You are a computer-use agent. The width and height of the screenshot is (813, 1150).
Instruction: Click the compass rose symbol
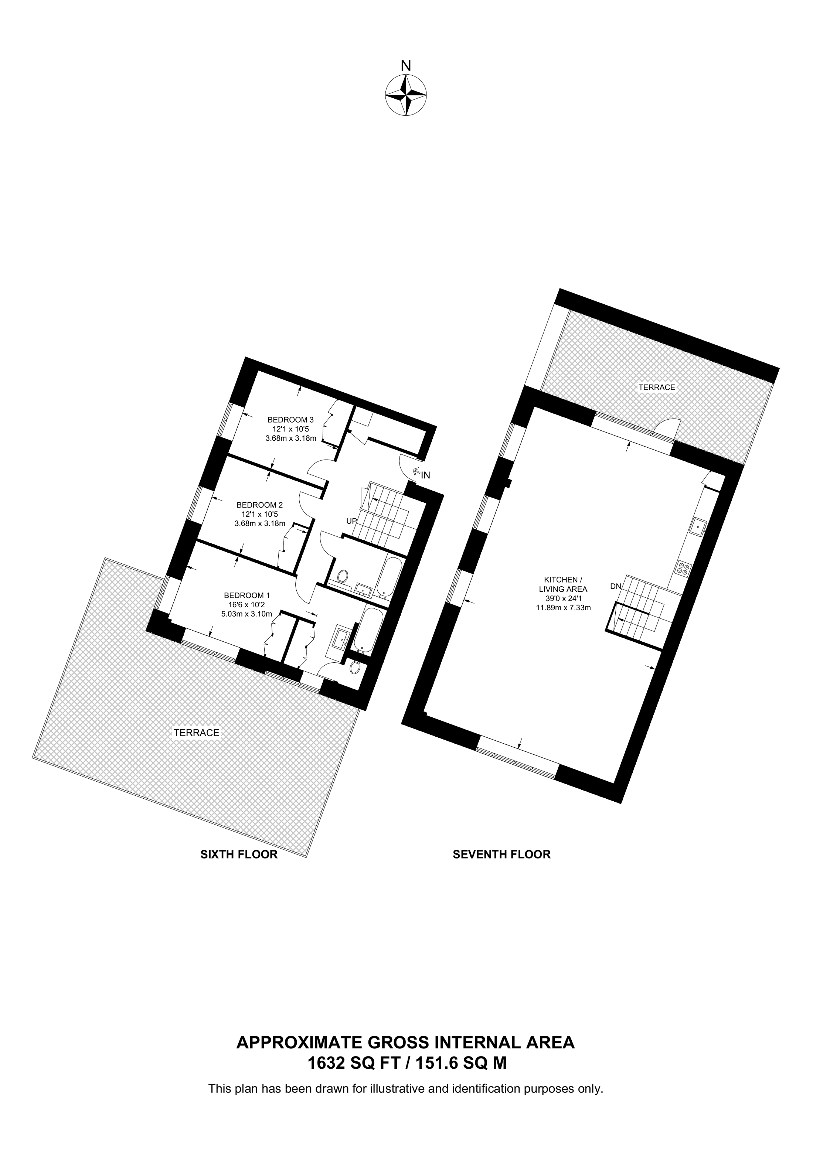point(406,95)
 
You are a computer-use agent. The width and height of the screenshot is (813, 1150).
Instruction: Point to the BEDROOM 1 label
point(247,596)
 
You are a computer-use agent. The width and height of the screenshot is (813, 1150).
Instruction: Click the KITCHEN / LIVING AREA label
point(564,584)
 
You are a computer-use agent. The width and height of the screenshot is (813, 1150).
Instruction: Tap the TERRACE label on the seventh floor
point(657,387)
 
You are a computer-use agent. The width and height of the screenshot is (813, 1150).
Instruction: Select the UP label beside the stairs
point(352,521)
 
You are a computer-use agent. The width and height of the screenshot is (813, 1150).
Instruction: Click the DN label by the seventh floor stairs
point(616,586)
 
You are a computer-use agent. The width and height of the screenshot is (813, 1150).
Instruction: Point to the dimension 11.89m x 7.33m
point(564,608)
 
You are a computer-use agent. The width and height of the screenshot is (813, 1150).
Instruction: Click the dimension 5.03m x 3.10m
point(247,614)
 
